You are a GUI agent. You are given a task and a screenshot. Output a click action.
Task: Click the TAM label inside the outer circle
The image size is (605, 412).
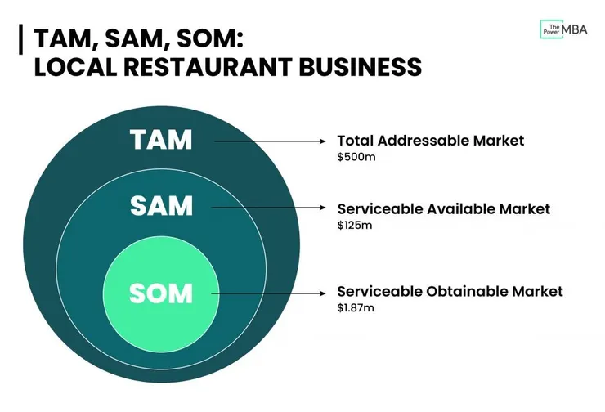tap(161, 140)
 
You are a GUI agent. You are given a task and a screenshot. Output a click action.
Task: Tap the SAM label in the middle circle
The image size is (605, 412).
tap(161, 206)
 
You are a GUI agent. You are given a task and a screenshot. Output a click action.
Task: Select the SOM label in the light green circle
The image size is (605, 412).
tap(161, 293)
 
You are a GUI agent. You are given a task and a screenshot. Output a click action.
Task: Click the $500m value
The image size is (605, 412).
tap(356, 157)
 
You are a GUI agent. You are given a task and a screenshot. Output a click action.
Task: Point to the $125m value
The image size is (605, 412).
tap(355, 225)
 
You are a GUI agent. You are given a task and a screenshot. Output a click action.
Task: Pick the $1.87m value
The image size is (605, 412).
tap(356, 308)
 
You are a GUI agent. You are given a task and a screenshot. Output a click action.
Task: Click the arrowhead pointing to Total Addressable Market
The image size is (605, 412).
tap(323, 141)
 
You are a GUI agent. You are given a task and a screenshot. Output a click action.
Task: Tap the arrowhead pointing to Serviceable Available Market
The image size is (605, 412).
tap(323, 208)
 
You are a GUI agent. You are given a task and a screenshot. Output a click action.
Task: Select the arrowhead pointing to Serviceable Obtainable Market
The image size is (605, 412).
tap(323, 293)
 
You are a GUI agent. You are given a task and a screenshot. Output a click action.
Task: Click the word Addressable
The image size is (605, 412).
tap(423, 141)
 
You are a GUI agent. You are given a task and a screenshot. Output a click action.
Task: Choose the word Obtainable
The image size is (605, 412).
tap(467, 291)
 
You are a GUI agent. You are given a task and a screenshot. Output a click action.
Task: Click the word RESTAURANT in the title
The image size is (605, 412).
tap(208, 67)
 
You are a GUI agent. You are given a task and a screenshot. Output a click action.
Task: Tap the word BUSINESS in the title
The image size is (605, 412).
tap(360, 67)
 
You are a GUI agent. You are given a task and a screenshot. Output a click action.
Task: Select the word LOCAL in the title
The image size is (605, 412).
tap(75, 67)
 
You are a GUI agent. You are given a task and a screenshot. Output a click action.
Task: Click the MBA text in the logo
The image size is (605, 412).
tap(575, 29)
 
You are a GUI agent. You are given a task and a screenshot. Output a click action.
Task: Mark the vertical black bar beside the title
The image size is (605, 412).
tap(20, 39)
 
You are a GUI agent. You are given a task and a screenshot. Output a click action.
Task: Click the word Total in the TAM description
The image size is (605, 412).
tap(355, 141)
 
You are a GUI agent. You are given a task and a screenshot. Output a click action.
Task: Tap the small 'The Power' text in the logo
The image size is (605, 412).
tap(552, 29)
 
